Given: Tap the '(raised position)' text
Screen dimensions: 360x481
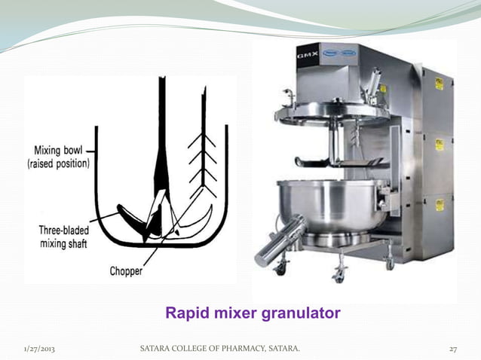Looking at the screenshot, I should coord(61,163).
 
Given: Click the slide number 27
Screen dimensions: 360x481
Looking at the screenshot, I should coord(453,348).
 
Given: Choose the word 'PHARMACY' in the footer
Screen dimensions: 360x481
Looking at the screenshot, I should coord(244,348).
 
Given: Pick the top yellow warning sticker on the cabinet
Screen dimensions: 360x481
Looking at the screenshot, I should coord(440,84).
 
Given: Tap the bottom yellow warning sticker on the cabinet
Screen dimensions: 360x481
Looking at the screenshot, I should coord(439,204).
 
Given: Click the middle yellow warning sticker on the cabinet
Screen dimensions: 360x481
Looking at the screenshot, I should coord(439,143).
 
